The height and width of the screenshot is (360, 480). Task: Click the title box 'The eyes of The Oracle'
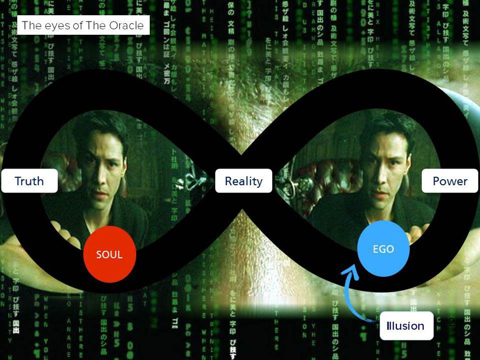coord(83,25)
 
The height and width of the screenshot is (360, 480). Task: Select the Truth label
coord(29,181)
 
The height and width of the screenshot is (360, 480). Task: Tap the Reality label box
coord(243,181)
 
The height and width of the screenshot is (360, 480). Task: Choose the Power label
coord(450,181)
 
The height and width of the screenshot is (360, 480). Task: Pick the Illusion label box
coord(406,326)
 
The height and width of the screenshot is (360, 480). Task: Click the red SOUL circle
coord(109,255)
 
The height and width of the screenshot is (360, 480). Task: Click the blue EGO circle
coord(383,249)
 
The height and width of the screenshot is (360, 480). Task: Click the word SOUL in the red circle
coord(109,255)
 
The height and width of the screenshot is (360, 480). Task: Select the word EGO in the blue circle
coord(383,249)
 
